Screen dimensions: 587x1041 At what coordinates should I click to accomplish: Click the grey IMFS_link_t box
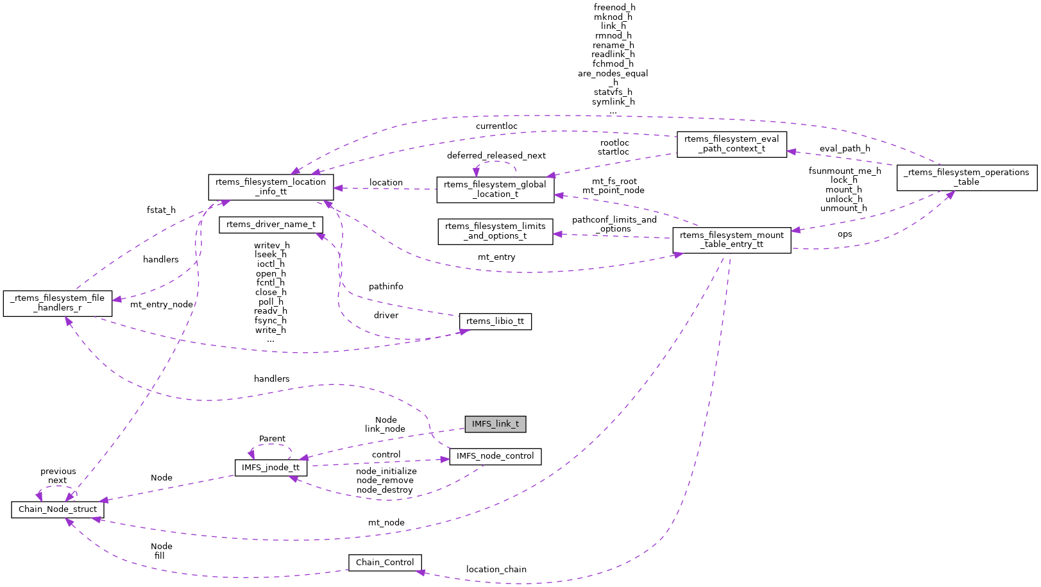(495, 424)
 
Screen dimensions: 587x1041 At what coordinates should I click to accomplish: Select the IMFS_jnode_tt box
(271, 468)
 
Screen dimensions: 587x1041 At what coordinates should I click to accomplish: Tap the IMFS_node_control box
(495, 456)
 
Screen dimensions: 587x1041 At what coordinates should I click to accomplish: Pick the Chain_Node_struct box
(58, 509)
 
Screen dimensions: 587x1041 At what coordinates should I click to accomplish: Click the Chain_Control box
(385, 563)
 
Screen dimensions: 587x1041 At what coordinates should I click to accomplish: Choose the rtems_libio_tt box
(495, 321)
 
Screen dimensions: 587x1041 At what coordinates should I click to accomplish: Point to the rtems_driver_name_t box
(271, 225)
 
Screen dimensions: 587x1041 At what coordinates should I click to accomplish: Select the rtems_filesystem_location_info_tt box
(271, 187)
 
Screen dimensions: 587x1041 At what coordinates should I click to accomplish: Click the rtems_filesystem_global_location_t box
(495, 189)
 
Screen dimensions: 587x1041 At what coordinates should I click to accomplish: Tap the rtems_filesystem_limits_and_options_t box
(495, 231)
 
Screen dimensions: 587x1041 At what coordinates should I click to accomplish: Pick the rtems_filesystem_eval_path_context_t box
(731, 144)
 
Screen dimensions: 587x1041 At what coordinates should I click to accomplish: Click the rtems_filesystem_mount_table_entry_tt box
(731, 240)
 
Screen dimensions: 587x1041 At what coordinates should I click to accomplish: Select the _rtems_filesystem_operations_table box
(967, 177)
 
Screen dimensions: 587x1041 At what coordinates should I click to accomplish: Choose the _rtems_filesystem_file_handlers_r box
(58, 303)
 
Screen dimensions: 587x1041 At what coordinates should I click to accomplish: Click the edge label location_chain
(496, 570)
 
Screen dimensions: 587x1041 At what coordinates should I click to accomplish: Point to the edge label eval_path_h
(845, 149)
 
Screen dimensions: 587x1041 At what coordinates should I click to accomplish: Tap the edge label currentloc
(496, 126)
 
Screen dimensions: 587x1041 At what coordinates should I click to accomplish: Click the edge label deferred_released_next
(496, 156)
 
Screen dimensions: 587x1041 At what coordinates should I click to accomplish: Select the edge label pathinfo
(385, 287)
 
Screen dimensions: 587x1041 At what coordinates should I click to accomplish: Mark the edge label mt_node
(386, 523)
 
